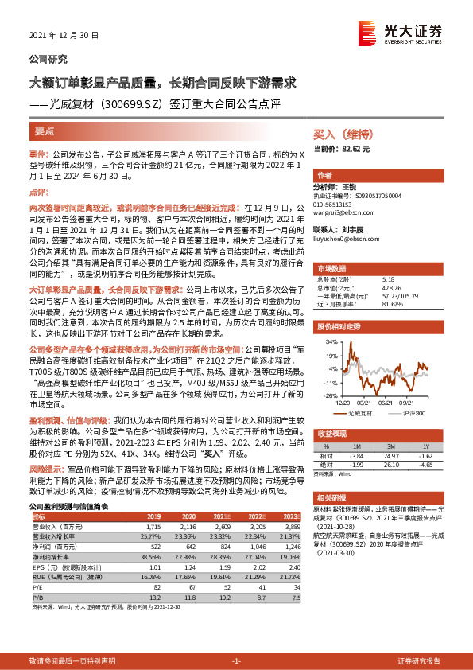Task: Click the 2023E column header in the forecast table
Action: [288, 516]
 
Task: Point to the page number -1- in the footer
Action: [236, 660]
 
